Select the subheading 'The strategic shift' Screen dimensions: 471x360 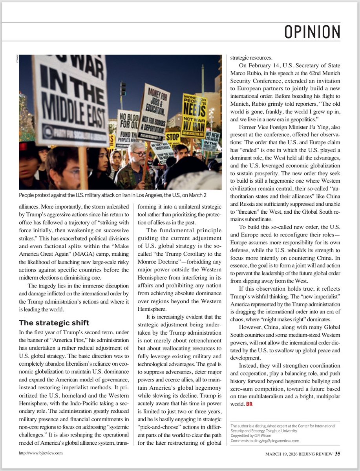coord(54,323)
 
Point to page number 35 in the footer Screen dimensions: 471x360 coord(338,454)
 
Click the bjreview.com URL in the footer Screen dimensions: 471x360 coord(41,453)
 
